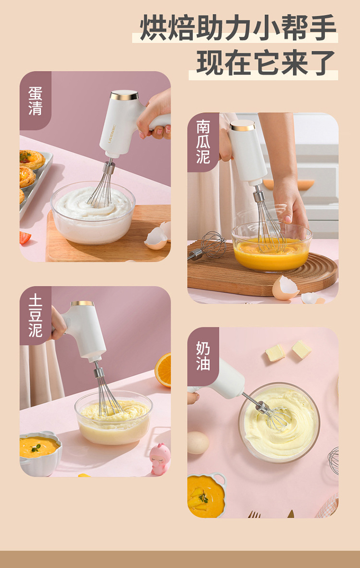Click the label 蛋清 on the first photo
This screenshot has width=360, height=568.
[35, 101]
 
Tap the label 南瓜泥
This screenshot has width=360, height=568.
[203, 142]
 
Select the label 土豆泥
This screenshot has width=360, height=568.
[35, 316]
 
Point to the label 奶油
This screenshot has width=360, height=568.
[203, 356]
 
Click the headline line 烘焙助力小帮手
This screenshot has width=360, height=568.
[238, 27]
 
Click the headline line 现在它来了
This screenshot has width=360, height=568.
[266, 63]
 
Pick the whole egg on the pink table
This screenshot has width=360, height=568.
[198, 443]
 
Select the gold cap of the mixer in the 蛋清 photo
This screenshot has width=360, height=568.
[124, 95]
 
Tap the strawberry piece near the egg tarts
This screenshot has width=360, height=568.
[24, 237]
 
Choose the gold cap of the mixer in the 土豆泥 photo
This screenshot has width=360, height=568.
[82, 304]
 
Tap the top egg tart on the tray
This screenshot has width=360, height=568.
[32, 159]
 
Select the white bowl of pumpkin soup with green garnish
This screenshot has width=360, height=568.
[40, 453]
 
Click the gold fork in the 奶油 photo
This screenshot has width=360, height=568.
[254, 514]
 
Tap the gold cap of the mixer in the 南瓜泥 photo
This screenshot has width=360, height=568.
[242, 125]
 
